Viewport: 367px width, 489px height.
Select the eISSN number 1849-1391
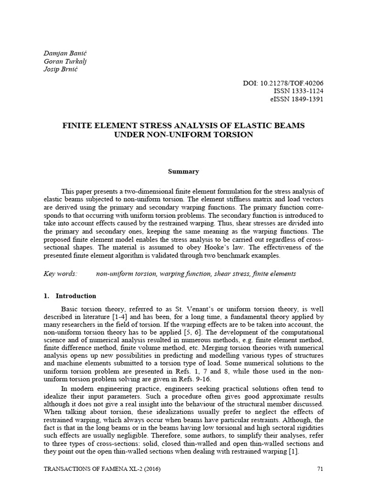click(x=304, y=99)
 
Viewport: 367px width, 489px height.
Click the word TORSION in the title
click(x=228, y=135)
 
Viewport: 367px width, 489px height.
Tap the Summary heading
click(x=183, y=171)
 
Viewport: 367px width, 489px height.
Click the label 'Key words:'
click(x=60, y=274)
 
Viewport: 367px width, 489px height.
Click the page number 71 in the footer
click(x=321, y=468)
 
